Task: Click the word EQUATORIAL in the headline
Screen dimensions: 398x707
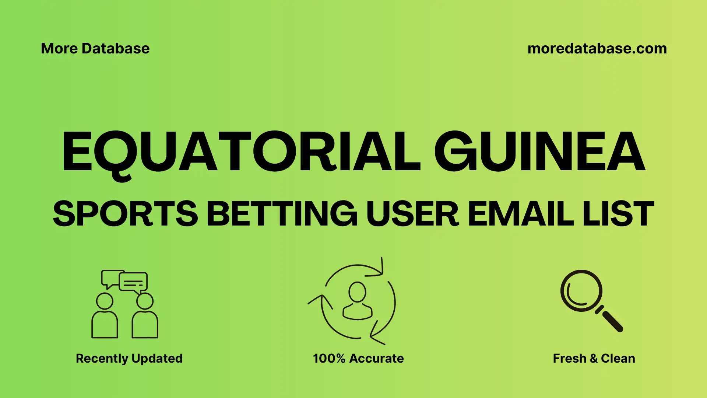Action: [241, 152]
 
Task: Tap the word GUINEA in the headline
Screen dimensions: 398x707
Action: [539, 152]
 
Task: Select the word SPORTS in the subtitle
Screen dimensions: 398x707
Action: [126, 214]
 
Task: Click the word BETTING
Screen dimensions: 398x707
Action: [282, 214]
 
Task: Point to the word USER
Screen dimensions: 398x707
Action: [412, 214]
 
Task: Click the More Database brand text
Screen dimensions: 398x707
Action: [95, 49]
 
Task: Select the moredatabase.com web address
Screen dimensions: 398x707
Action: [597, 49]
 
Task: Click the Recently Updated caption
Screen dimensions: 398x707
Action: [129, 358]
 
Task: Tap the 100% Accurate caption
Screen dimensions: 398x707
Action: [358, 358]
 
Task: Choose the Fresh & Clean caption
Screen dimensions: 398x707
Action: [594, 358]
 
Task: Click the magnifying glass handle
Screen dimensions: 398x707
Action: [612, 321]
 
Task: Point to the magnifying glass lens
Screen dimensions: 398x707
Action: [581, 291]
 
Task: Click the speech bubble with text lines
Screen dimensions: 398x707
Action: [133, 282]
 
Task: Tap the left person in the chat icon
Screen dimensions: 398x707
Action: [105, 317]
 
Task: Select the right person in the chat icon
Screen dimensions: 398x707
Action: [145, 317]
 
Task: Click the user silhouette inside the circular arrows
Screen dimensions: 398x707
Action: [357, 301]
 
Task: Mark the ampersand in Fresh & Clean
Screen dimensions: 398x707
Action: [594, 358]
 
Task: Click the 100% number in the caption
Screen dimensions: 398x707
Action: [329, 358]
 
